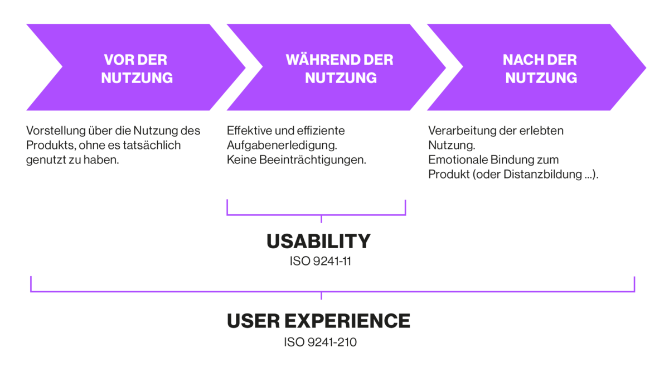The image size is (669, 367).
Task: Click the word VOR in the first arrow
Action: click(x=117, y=60)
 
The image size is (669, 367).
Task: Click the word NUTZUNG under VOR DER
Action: click(x=137, y=78)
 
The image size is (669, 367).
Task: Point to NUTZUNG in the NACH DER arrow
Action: click(x=541, y=78)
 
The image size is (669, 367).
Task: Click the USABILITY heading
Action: click(x=318, y=242)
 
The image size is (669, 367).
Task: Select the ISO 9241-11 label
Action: click(x=320, y=261)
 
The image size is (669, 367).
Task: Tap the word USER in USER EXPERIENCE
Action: click(x=253, y=321)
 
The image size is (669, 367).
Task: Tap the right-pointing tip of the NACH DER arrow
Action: click(x=646, y=67)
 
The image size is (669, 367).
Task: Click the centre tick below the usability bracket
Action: click(x=321, y=219)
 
